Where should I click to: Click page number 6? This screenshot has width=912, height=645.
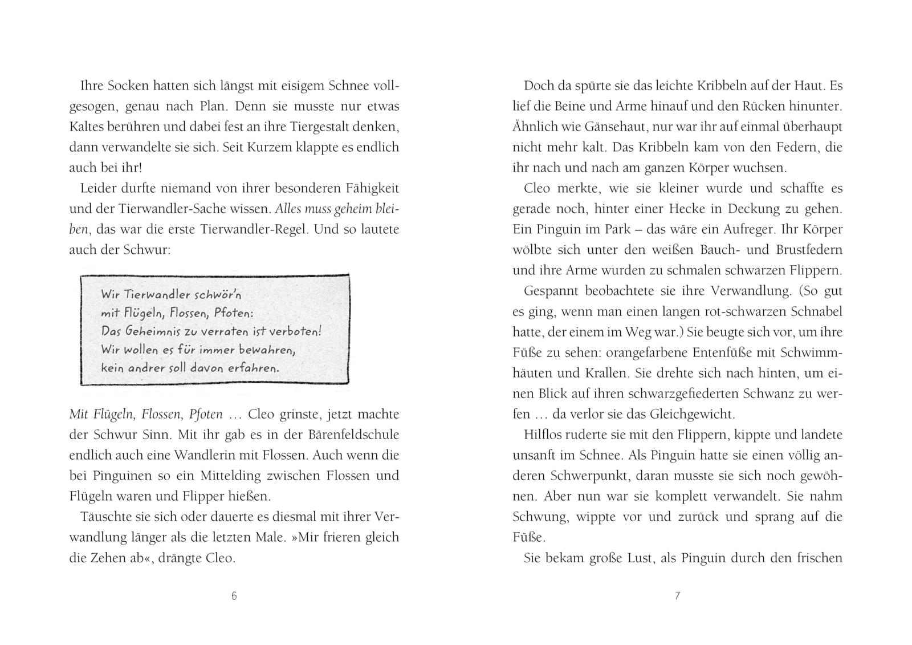[234, 597]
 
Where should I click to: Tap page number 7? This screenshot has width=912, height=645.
[677, 597]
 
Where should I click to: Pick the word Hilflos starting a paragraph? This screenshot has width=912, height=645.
[544, 435]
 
